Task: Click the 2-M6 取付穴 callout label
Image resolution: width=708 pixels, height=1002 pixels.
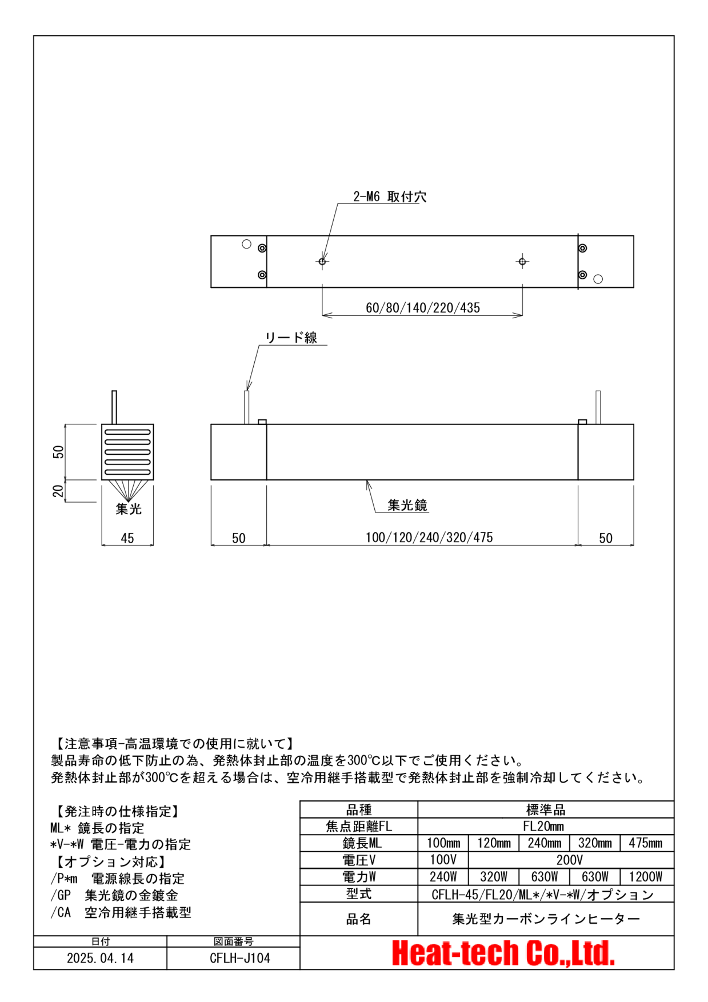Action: tap(390, 197)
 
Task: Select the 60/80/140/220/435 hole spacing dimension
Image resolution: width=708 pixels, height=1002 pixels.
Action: tap(423, 308)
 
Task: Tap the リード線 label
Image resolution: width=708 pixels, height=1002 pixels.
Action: tap(291, 338)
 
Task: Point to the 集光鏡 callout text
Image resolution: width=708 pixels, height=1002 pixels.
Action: tap(407, 505)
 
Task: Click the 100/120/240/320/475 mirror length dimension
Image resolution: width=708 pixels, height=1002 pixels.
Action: tap(429, 538)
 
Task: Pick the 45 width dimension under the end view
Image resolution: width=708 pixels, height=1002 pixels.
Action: tap(127, 538)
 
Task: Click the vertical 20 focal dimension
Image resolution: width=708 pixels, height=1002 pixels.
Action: tap(58, 491)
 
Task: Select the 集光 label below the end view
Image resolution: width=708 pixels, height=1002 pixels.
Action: tap(129, 508)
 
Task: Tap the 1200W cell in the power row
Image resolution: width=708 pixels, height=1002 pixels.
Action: tap(646, 877)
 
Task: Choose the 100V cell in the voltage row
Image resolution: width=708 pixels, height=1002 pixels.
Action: tap(443, 860)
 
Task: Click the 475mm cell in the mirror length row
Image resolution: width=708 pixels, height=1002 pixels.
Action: tap(646, 843)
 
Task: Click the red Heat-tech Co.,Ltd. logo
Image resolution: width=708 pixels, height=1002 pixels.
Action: tap(503, 953)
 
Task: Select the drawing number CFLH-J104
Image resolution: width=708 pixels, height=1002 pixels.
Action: tap(240, 958)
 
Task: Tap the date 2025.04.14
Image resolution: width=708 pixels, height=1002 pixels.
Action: tap(101, 958)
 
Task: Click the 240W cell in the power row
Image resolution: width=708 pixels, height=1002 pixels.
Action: tap(443, 877)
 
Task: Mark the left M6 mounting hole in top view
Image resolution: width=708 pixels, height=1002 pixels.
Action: tap(322, 262)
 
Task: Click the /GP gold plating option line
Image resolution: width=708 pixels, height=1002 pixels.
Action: tap(114, 896)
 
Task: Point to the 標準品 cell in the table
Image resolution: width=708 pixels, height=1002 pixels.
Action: tap(546, 809)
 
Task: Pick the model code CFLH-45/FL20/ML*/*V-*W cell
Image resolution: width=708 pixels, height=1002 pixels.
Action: tap(543, 895)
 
